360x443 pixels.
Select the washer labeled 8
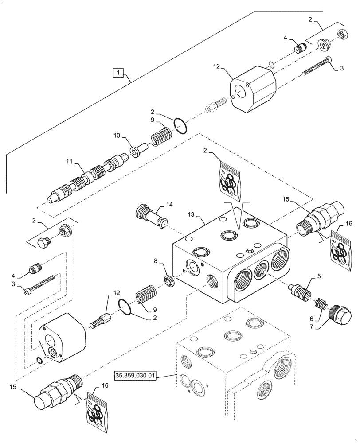pyautogui.click(x=169, y=280)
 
